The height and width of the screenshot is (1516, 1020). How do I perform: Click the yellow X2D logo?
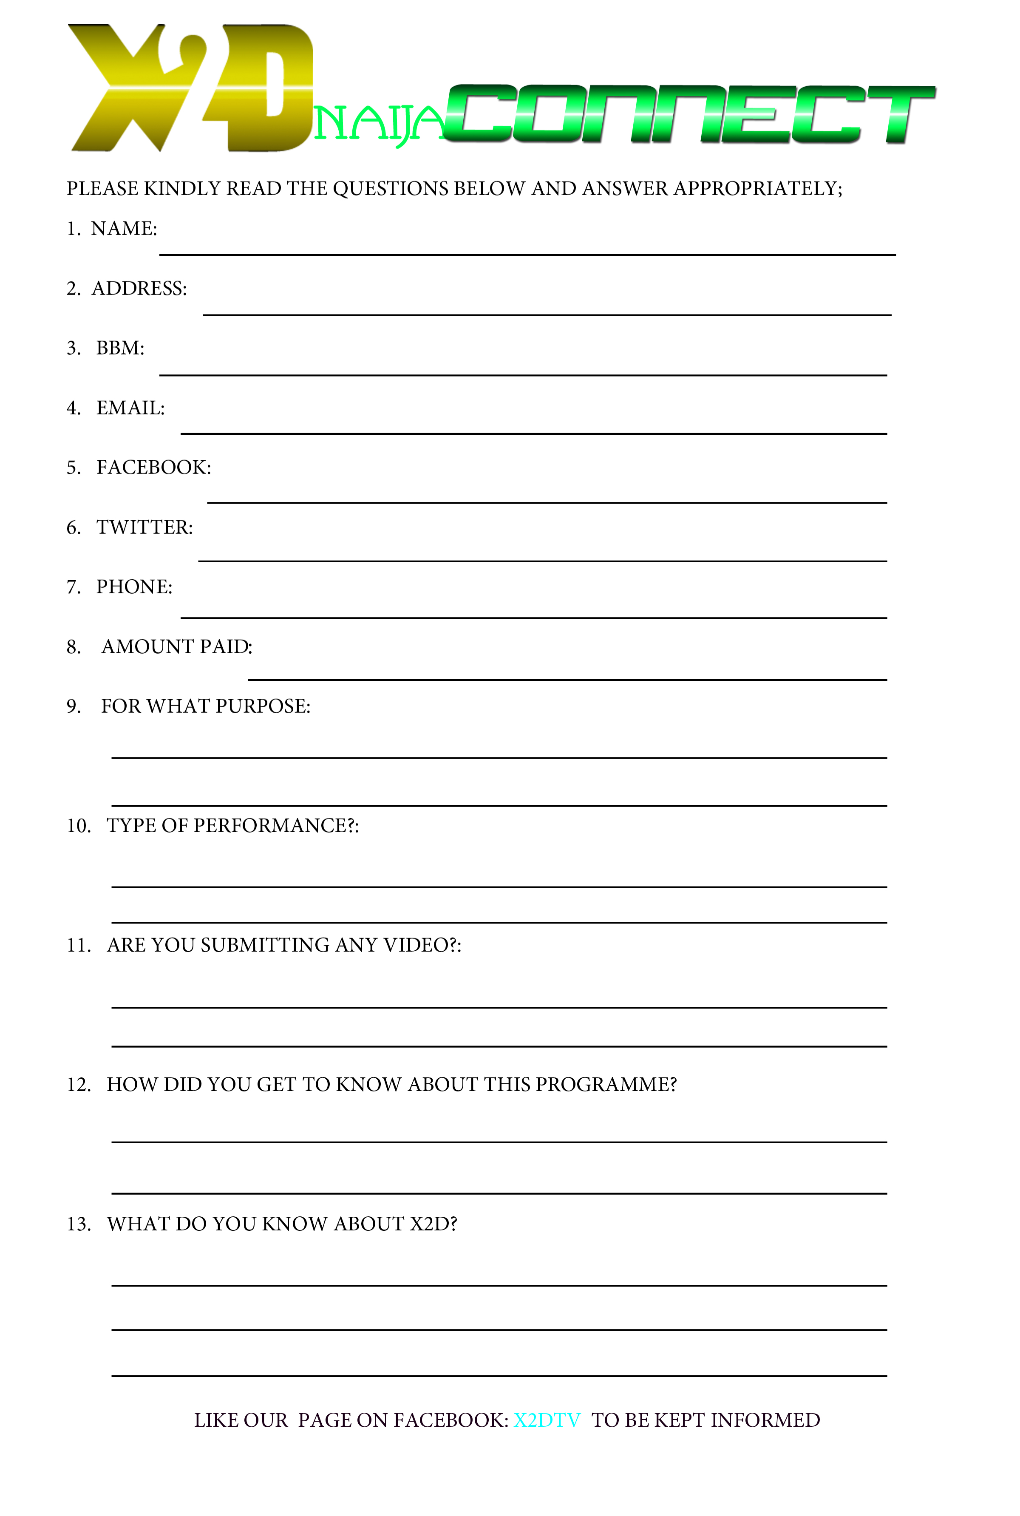[x=189, y=88]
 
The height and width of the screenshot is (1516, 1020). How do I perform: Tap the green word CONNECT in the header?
[x=689, y=114]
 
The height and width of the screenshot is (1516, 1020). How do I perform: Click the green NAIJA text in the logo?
[x=377, y=124]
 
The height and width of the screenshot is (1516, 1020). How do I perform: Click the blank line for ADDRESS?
[x=547, y=314]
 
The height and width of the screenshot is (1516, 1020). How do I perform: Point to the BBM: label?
[x=120, y=348]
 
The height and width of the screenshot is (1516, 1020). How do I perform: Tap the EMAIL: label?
[x=130, y=408]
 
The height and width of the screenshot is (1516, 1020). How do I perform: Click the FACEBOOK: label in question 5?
[x=153, y=468]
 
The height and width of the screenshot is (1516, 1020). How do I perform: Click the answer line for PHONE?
[x=533, y=617]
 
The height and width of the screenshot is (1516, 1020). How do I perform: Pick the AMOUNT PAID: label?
[x=177, y=646]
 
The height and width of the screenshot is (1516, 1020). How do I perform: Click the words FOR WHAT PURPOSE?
[x=206, y=706]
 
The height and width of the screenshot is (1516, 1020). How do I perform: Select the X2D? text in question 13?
[x=433, y=1224]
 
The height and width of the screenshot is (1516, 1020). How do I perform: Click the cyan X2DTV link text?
[x=547, y=1420]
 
